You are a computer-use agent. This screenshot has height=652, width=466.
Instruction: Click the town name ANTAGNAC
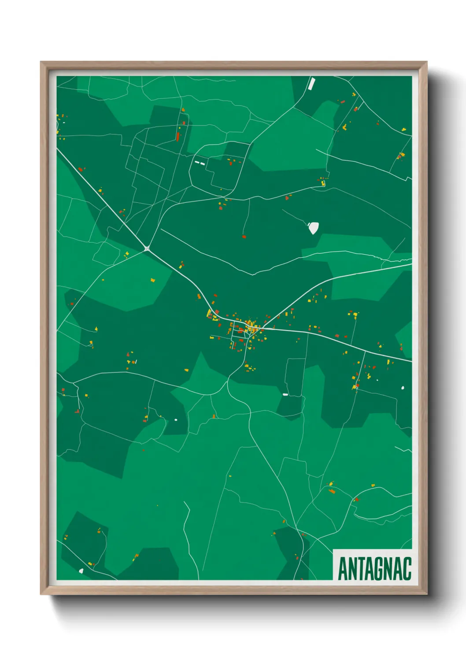coord(374,569)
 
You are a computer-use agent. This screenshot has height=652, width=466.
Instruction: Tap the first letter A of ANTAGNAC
coord(342,569)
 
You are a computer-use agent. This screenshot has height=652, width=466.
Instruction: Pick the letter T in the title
coord(360,569)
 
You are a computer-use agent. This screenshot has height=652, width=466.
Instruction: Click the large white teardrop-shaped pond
coord(313,228)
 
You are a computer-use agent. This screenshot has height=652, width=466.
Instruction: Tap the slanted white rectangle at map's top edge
coord(312,83)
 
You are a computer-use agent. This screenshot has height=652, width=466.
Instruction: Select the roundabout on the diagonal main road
coord(147,248)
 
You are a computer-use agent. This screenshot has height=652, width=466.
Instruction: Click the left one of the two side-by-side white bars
coord(197,162)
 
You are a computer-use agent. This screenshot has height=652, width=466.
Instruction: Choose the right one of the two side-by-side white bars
coord(203,163)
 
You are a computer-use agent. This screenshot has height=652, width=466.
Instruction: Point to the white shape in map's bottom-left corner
coord(81,571)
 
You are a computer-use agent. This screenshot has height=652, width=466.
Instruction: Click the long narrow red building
coord(178,136)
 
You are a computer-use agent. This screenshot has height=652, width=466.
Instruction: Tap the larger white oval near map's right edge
coord(403,388)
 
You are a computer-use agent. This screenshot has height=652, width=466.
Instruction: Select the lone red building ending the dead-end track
coord(244,237)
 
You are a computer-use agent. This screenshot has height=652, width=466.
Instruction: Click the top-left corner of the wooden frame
coord(41,62)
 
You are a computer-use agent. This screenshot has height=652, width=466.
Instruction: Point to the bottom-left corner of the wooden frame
coord(41,594)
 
